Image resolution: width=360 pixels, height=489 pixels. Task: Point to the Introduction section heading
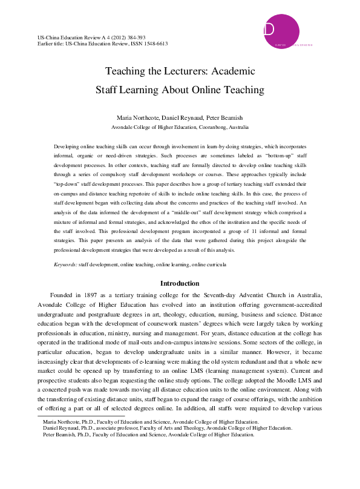click(180, 283)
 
